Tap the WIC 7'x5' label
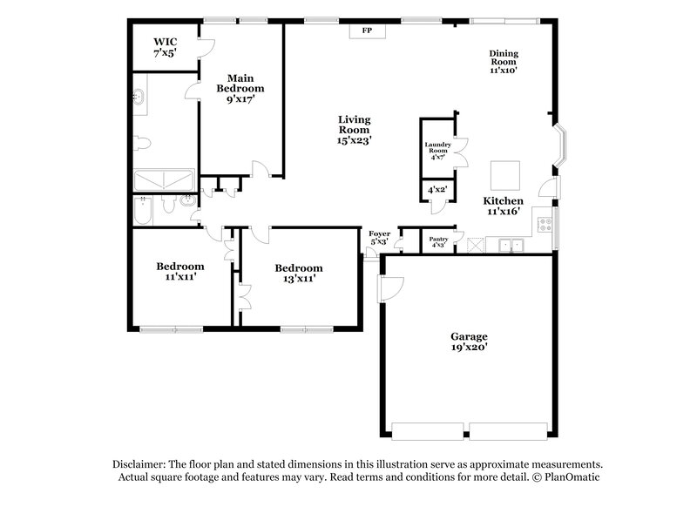(x=165, y=47)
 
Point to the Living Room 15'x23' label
(x=355, y=129)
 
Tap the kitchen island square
(x=504, y=175)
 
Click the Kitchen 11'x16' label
(x=504, y=206)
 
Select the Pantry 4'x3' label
(x=438, y=242)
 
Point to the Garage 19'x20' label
(x=468, y=341)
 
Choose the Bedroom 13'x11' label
(x=298, y=273)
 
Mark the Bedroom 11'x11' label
(x=180, y=271)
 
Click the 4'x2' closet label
(x=436, y=189)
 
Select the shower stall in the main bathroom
(x=164, y=180)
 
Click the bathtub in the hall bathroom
(x=144, y=211)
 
